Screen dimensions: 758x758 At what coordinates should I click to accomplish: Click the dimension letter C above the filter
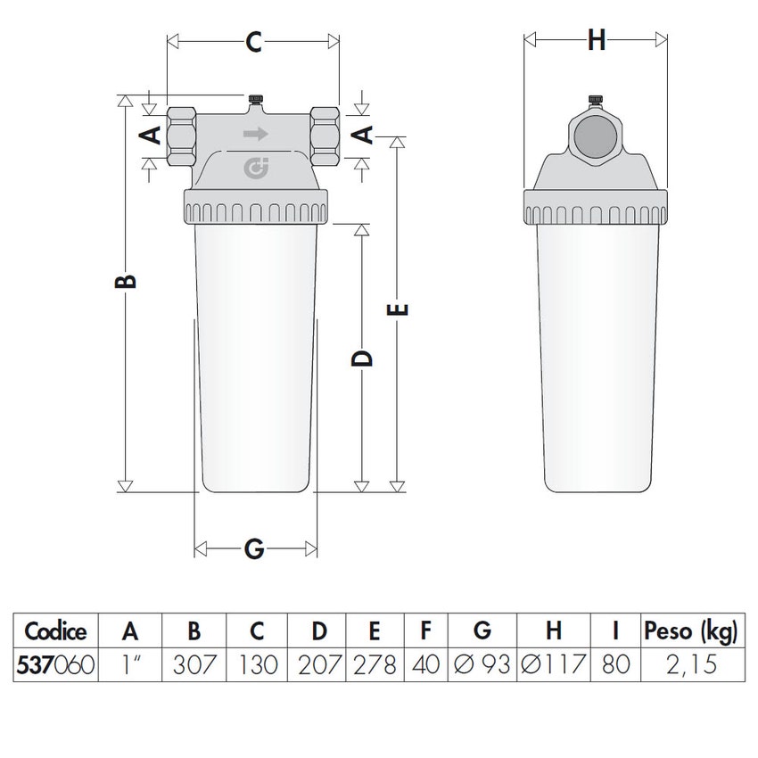(x=254, y=42)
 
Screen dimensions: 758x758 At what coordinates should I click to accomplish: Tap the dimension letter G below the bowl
(x=254, y=548)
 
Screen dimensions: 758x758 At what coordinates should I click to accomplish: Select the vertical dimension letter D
(x=362, y=358)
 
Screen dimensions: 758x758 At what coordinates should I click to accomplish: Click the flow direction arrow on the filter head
(x=256, y=134)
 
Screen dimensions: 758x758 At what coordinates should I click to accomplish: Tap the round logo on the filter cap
(x=256, y=169)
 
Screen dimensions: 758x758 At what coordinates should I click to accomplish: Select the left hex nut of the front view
(x=181, y=136)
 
